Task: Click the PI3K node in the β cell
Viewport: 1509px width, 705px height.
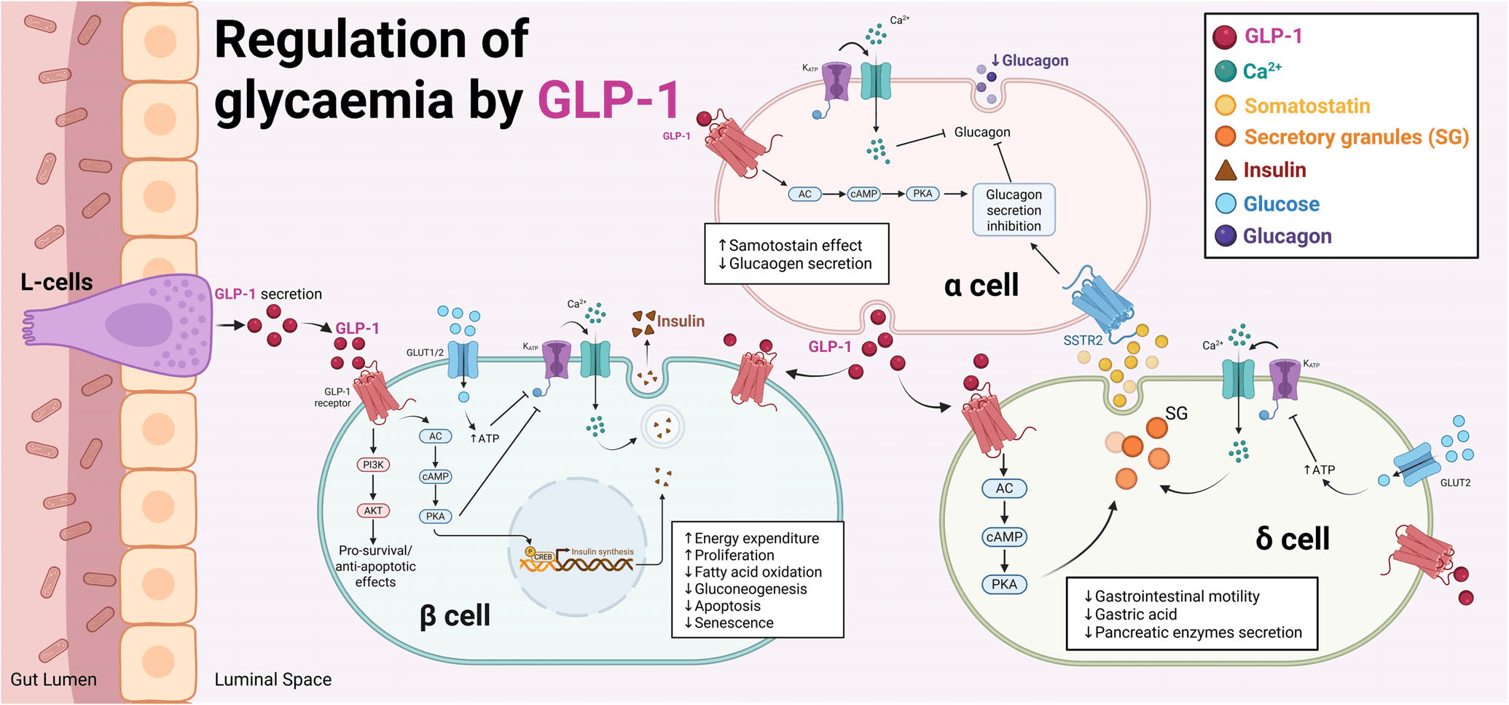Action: point(373,464)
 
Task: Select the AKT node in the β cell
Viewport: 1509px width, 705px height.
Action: point(373,510)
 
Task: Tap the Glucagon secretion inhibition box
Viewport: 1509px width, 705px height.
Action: point(1014,210)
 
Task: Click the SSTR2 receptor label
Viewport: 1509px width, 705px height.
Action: point(1083,340)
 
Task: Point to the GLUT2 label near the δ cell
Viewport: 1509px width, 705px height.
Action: point(1455,483)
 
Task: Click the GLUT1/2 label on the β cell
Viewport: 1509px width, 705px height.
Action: point(425,353)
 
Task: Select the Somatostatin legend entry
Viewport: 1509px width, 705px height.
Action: point(1306,106)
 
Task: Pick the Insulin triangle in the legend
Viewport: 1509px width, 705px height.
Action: point(1226,171)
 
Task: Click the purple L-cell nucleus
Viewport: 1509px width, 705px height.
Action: point(139,324)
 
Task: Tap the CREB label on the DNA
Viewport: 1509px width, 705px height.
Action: point(543,557)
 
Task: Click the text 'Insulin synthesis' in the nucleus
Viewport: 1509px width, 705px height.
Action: point(603,552)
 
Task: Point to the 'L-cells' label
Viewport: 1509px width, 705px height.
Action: point(57,282)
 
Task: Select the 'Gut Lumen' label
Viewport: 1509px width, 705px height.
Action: point(53,679)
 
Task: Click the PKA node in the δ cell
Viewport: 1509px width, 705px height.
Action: point(1004,584)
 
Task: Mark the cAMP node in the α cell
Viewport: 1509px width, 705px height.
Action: point(863,194)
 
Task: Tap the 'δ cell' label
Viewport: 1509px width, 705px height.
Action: point(1293,539)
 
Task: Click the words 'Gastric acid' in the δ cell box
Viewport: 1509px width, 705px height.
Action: point(1135,615)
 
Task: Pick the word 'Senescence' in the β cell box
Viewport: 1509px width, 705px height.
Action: point(734,623)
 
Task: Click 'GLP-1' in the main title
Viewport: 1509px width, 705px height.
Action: point(609,100)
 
